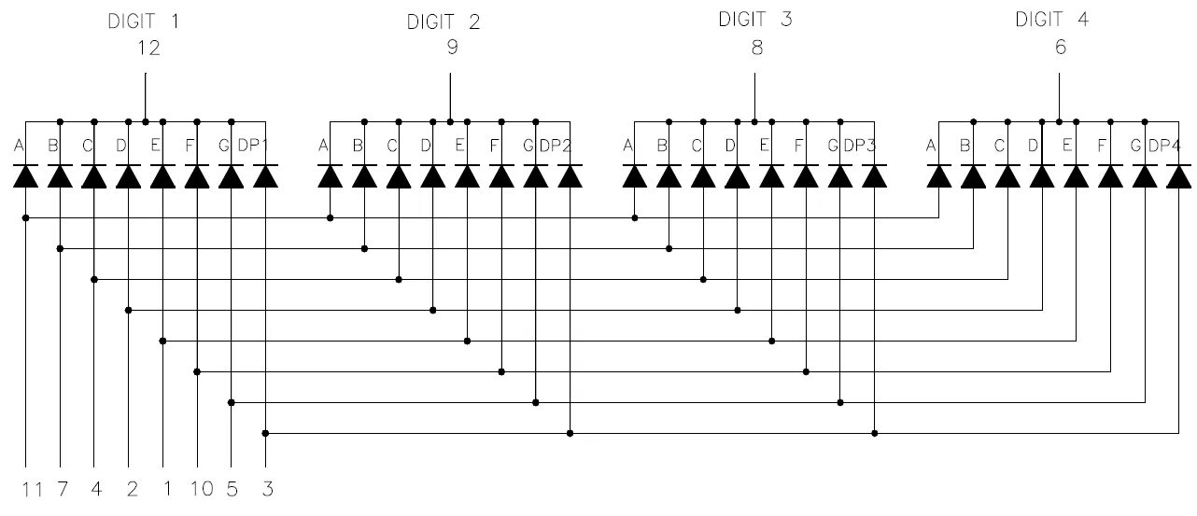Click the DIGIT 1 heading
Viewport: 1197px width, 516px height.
(x=144, y=21)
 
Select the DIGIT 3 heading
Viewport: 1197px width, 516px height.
(x=754, y=19)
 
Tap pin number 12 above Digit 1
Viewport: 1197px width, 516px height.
(x=148, y=49)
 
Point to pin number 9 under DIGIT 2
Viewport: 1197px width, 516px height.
(x=452, y=49)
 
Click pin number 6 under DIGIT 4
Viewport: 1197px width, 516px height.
(x=1060, y=48)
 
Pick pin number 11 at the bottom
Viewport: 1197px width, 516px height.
(x=33, y=489)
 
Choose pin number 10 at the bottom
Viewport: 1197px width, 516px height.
(x=200, y=489)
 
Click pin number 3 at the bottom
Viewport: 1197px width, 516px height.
(x=267, y=489)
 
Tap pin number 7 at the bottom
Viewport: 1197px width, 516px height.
(x=63, y=489)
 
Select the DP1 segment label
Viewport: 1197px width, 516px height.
(x=253, y=146)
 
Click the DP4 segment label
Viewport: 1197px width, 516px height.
(x=1164, y=146)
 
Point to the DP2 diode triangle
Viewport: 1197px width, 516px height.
(x=570, y=175)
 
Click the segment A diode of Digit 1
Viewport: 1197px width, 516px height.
(x=25, y=175)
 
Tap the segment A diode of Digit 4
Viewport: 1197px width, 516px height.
(x=938, y=175)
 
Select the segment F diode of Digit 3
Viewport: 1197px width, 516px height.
(x=806, y=175)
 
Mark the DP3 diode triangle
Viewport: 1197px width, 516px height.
(x=874, y=175)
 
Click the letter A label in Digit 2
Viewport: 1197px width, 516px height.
(x=324, y=146)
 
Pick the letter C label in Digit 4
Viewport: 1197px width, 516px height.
(x=999, y=146)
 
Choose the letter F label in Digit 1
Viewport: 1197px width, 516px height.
(x=190, y=146)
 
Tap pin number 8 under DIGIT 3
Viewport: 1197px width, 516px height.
(x=756, y=49)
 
